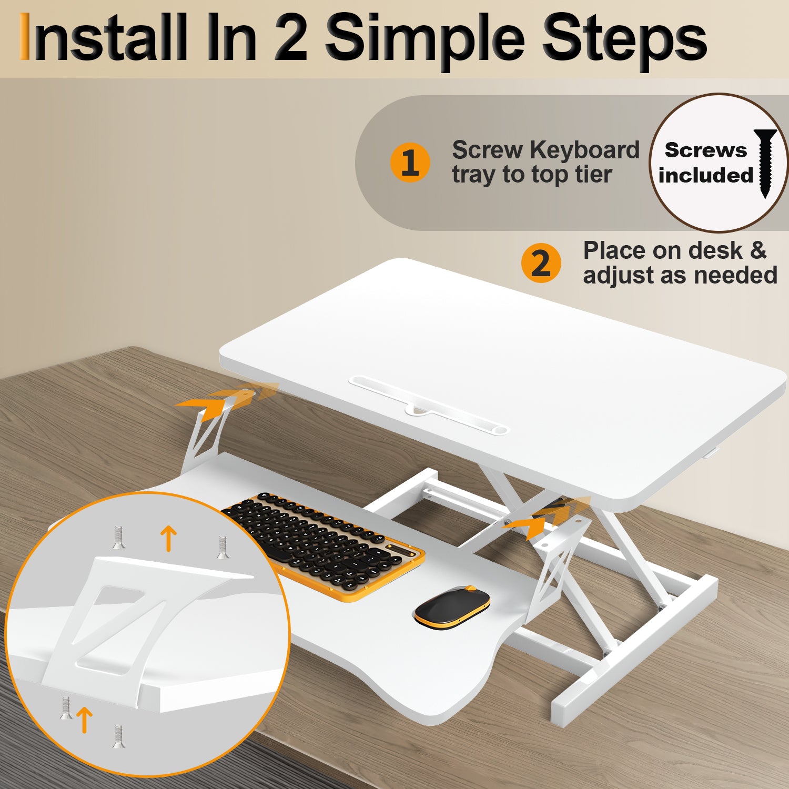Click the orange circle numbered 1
point(410,163)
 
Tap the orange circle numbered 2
point(541,263)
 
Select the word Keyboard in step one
point(584,150)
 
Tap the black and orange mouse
point(452,606)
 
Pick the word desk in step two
point(715,251)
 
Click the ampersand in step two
point(758,250)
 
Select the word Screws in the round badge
point(705,150)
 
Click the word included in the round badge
point(705,176)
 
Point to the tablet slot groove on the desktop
point(429,405)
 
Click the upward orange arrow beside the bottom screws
point(84,719)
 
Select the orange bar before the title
point(24,37)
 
